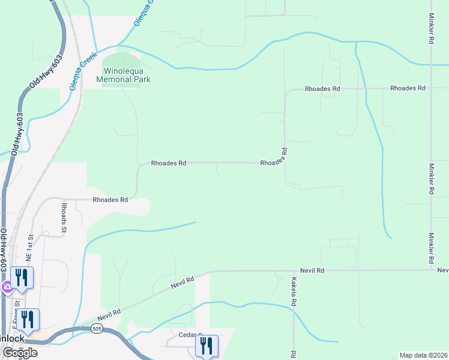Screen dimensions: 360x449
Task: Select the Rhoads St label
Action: [64, 217]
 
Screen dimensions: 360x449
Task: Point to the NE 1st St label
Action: [29, 244]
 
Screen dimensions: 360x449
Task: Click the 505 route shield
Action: [97, 329]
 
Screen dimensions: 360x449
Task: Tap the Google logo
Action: [19, 353]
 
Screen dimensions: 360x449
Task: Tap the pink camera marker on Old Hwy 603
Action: [6, 287]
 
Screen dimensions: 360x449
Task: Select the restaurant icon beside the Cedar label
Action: [206, 346]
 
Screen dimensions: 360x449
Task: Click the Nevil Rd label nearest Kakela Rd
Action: [313, 271]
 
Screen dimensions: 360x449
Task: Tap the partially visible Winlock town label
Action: [12, 338]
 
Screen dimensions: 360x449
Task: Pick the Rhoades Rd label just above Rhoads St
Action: [110, 200]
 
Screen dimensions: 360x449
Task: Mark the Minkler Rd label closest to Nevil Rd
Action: [431, 249]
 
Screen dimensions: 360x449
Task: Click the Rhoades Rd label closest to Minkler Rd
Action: [408, 88]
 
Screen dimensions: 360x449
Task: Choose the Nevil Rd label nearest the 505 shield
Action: [109, 313]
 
